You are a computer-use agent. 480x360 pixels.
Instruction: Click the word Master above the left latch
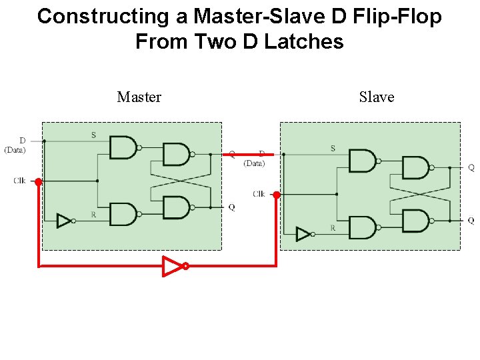coord(139,97)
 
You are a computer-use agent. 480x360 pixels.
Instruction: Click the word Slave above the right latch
coord(377,97)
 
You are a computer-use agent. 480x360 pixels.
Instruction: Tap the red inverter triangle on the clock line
coord(173,266)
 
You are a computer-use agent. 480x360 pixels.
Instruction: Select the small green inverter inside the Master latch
coord(64,220)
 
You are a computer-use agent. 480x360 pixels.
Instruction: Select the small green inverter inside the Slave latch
coord(303,234)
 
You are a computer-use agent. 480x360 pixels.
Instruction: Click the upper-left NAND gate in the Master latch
coord(123,147)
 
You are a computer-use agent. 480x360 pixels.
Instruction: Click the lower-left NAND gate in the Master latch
coord(123,214)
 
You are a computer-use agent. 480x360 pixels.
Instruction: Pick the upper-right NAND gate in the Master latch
coord(176,154)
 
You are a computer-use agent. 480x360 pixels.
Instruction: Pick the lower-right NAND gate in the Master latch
coord(176,207)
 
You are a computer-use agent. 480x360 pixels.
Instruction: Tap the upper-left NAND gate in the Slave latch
coord(362,161)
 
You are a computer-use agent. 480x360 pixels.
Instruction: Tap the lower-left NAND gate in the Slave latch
coord(362,227)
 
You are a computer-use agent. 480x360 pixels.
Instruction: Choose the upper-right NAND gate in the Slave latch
coord(415,167)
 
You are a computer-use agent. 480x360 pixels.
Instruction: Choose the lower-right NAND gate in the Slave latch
coord(415,221)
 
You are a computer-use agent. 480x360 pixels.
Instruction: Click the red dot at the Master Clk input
coord(39,181)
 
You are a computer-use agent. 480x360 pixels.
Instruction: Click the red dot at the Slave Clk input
coord(277,195)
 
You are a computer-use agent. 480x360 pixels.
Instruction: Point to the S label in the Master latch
coord(93,135)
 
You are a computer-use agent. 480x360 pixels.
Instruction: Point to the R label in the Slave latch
coord(333,228)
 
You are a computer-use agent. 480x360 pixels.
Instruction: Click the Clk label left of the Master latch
coord(20,181)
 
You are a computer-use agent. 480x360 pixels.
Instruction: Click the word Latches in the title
coord(304,42)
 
